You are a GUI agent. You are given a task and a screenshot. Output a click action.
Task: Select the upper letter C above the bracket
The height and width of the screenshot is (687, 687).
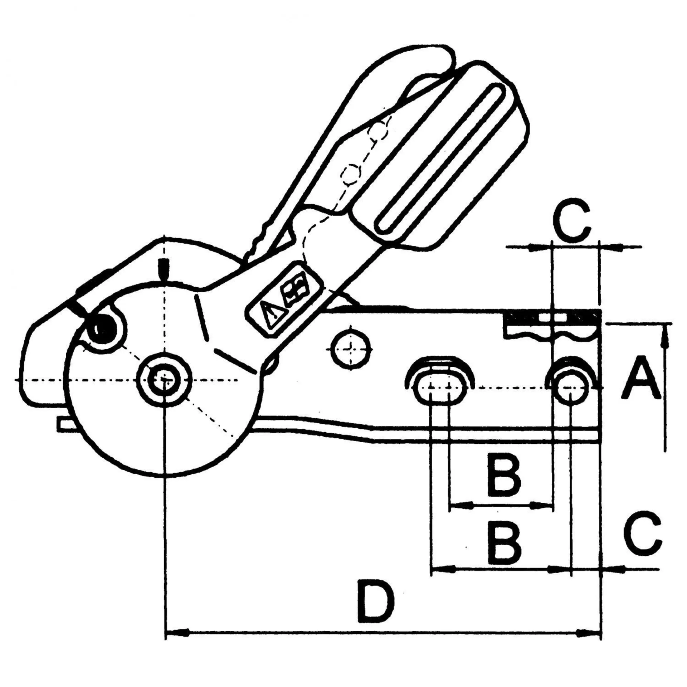[571, 219]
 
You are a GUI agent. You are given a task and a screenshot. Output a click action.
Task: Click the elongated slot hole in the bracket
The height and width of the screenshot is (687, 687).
[440, 388]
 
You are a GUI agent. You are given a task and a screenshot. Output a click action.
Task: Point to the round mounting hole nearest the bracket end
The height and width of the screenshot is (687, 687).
[571, 388]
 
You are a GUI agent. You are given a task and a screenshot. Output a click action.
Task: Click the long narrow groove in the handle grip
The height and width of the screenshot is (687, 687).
[441, 158]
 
